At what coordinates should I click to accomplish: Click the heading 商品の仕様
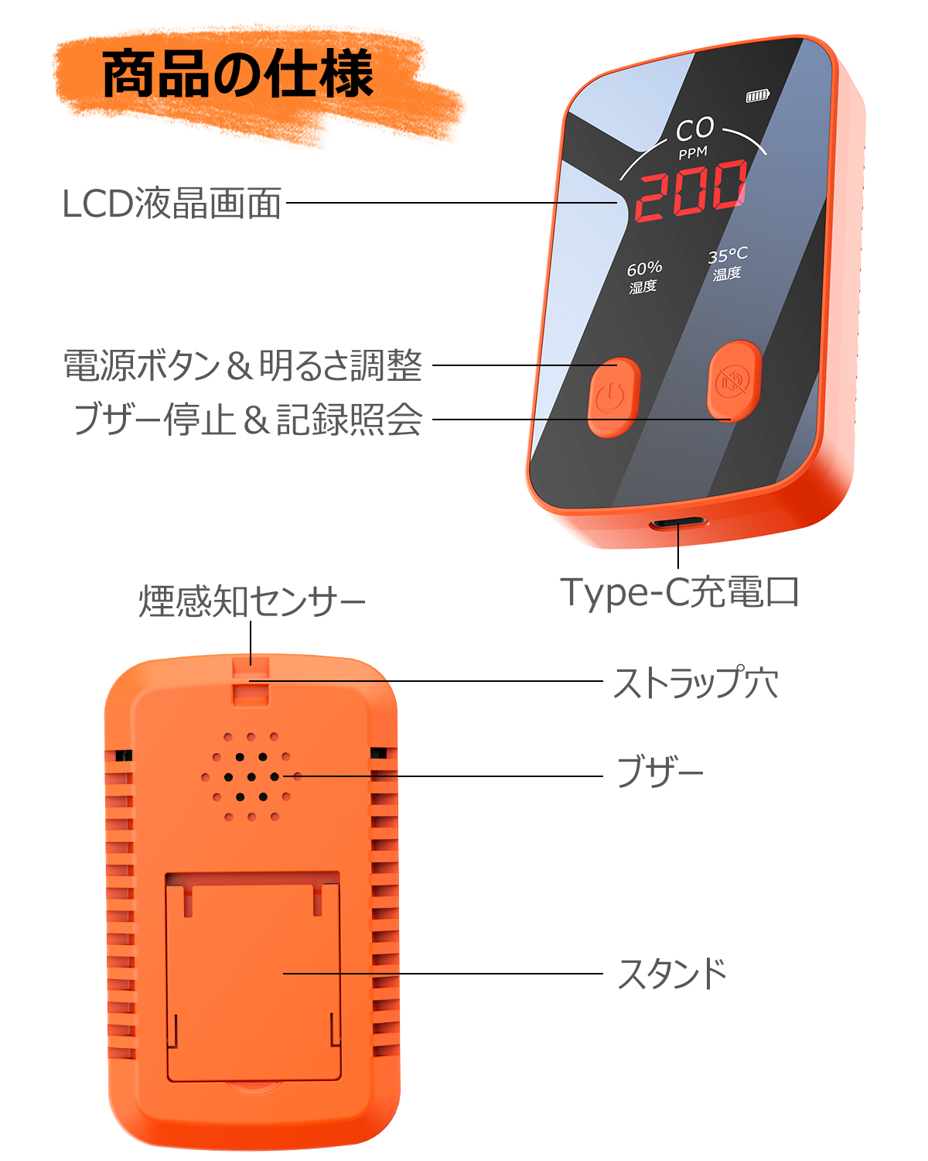click(238, 75)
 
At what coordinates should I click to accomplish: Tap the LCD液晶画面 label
click(171, 204)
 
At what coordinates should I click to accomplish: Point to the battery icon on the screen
click(757, 96)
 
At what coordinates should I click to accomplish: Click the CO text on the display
click(694, 129)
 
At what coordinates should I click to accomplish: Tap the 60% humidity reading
click(644, 269)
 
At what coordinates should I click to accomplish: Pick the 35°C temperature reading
click(728, 255)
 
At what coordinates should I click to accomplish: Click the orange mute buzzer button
click(734, 381)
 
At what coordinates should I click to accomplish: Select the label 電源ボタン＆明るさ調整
click(242, 365)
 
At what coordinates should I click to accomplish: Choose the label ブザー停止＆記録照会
click(247, 420)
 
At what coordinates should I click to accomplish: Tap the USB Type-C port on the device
click(678, 523)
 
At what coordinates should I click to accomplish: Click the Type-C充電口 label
click(679, 593)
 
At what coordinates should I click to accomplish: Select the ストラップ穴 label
click(695, 683)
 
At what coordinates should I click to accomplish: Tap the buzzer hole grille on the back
click(251, 776)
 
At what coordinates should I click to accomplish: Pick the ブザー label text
click(660, 772)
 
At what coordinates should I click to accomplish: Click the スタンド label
click(672, 974)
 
